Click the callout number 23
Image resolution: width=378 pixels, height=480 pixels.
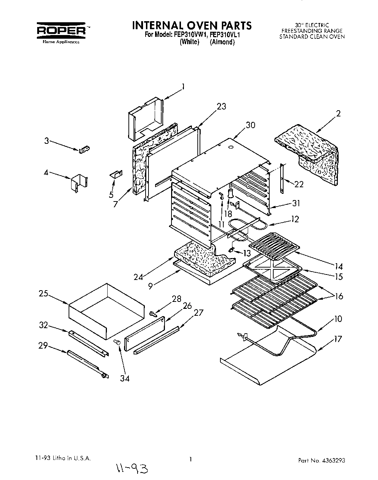pos(221,106)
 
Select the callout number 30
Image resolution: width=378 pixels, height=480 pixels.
pos(250,125)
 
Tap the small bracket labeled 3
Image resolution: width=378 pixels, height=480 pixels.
pos(84,149)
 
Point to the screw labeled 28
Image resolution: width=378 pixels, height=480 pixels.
pos(153,313)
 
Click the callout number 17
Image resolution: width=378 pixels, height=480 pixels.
pos(338,339)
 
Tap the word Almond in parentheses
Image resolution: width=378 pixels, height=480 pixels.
pos(222,42)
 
